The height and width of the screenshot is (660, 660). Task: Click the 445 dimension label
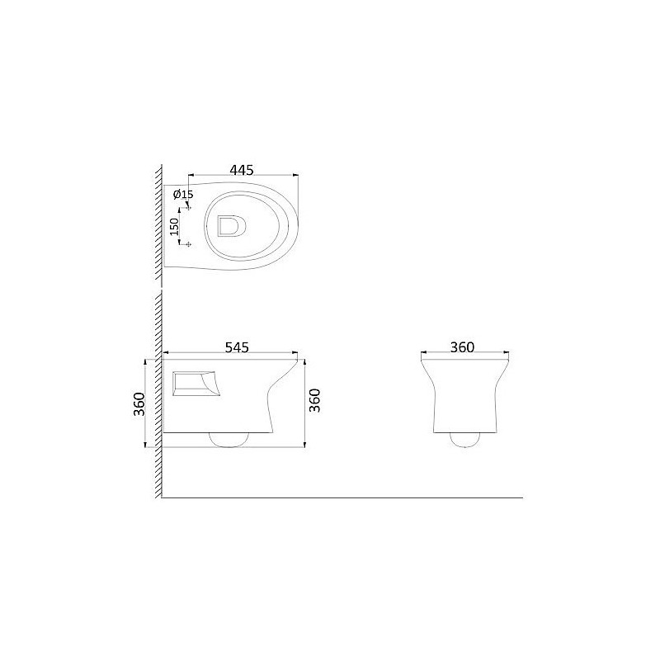tap(242, 170)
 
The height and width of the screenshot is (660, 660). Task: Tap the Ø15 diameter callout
tap(183, 194)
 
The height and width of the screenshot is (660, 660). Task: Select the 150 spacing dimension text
tap(174, 226)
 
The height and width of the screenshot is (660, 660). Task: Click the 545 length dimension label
tap(237, 347)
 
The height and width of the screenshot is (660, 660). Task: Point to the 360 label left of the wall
tap(139, 403)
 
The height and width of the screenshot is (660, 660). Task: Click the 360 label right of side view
tap(314, 400)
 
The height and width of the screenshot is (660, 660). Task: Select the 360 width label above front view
tap(462, 347)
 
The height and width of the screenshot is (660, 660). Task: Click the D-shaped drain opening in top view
tap(230, 225)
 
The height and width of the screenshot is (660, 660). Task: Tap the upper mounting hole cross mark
tap(188, 208)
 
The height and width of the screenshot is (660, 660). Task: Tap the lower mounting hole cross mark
tap(188, 243)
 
